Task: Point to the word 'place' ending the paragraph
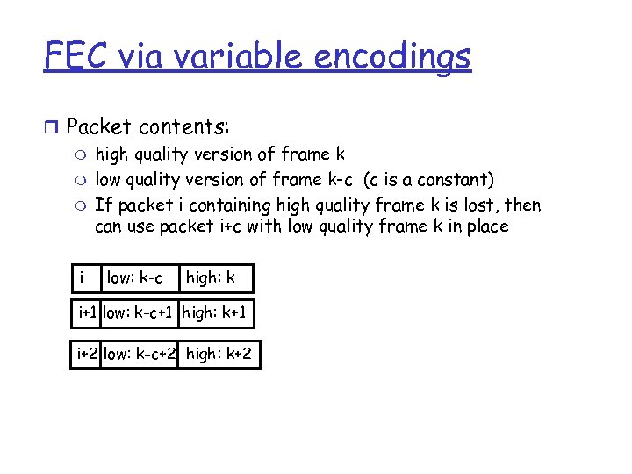pyautogui.click(x=485, y=227)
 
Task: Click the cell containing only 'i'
pyautogui.click(x=84, y=278)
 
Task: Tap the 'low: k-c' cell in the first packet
pyautogui.click(x=138, y=278)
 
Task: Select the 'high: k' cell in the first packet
pyautogui.click(x=215, y=278)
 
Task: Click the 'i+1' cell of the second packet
pyautogui.click(x=88, y=312)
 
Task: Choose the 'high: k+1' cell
pyautogui.click(x=219, y=312)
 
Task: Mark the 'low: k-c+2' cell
pyautogui.click(x=140, y=354)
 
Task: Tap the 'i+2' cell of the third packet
pyautogui.click(x=87, y=354)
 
